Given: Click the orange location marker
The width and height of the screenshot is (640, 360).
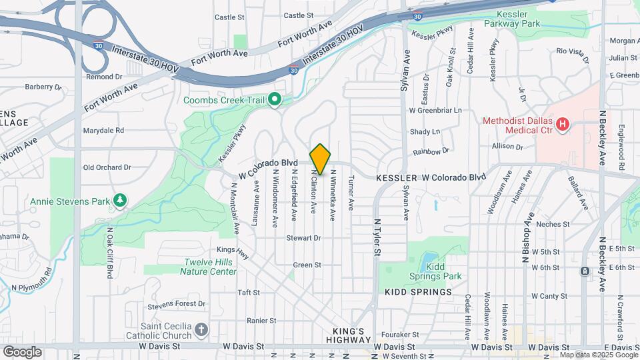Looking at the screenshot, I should (320, 159).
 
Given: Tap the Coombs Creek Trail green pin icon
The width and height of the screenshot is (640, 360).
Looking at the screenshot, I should (275, 100).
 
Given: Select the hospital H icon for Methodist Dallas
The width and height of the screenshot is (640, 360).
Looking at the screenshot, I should (563, 125).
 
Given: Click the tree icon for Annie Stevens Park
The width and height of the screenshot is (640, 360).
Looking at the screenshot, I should (120, 200).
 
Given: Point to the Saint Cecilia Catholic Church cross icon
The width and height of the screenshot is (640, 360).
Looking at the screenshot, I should (201, 329).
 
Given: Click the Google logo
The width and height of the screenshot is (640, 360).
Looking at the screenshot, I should (22, 351).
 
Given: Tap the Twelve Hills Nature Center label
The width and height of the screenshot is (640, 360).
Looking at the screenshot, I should (209, 267).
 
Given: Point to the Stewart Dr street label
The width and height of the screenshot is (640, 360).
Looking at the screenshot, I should (304, 237).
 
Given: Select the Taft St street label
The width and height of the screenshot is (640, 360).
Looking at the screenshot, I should (248, 292).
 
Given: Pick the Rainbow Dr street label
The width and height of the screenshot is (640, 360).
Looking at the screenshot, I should (431, 152).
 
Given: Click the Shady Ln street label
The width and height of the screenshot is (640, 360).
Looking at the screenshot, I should (425, 132).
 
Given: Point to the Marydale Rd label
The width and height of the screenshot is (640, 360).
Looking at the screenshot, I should (103, 131).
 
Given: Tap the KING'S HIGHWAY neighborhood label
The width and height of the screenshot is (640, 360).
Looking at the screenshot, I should (349, 335).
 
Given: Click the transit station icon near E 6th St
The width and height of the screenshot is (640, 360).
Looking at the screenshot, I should (585, 271).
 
